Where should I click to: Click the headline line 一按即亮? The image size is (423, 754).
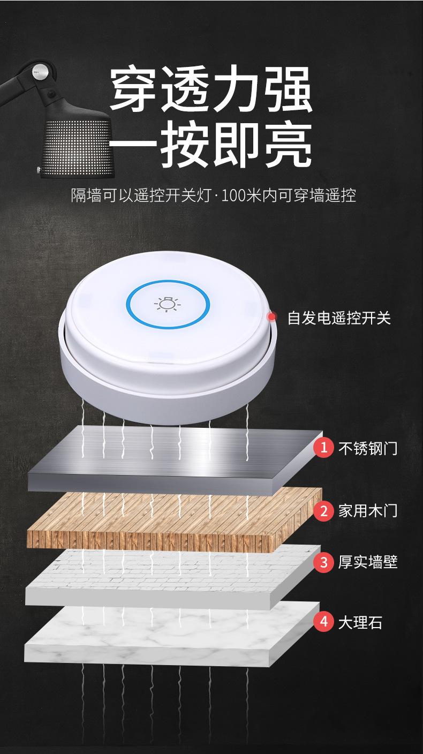[211, 143]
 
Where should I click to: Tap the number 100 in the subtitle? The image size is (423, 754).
[235, 195]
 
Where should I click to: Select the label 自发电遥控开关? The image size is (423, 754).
[339, 318]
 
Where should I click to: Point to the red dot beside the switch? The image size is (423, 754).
[273, 316]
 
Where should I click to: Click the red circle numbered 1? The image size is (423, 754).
[323, 447]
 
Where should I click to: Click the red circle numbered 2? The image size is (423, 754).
[323, 510]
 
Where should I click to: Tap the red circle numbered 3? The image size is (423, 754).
[323, 562]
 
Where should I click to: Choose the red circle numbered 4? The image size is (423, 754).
[323, 622]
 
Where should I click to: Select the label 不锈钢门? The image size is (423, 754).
[368, 447]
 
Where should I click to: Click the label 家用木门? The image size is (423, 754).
[368, 510]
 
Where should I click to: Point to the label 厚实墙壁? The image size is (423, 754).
[368, 562]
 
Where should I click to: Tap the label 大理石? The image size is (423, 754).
[360, 622]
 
